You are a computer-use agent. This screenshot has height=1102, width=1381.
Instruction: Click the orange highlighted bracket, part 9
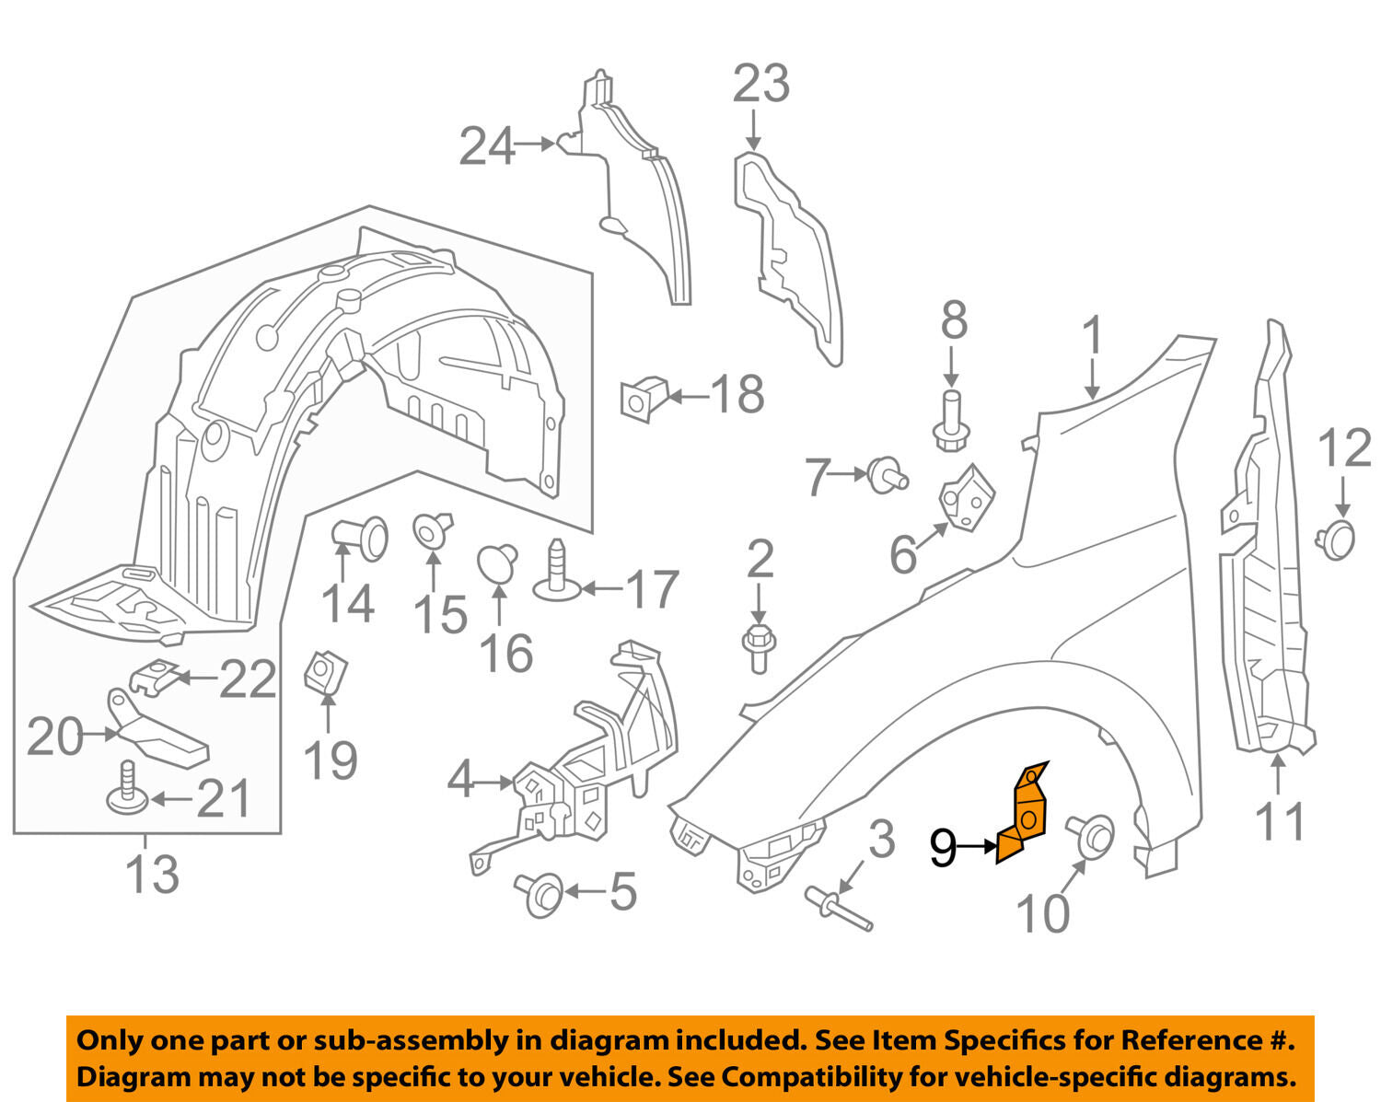pos(1024,815)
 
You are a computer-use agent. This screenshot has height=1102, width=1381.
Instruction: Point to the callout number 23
pos(761,84)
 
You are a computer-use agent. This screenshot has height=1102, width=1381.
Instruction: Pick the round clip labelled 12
pos(1337,538)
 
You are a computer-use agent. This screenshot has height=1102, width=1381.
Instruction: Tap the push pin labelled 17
pos(556,571)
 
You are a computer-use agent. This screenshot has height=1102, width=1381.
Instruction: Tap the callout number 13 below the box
pos(151,873)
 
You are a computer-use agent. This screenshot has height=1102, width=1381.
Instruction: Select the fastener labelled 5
pos(541,893)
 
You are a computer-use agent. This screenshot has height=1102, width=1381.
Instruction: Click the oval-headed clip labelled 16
pos(497,563)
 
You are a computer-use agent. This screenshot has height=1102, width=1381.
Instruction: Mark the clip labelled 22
pos(152,678)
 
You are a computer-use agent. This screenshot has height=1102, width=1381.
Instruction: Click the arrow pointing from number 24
pos(534,144)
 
